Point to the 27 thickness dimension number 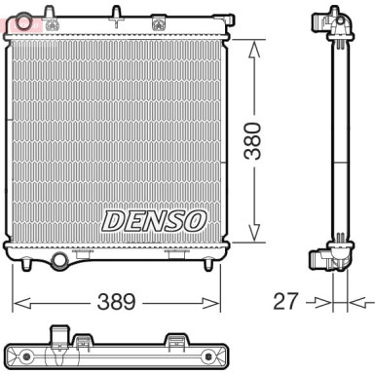coord(283,301)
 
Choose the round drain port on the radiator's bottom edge coord(61,261)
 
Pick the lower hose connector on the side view coord(320,258)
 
